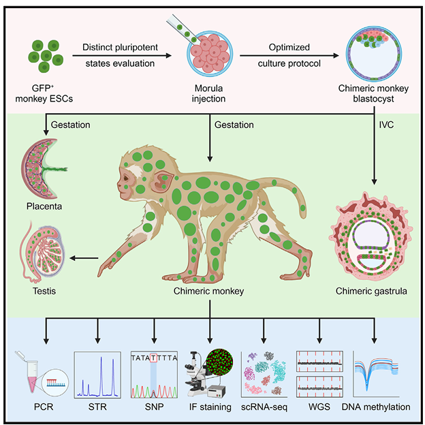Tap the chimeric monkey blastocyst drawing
pyautogui.click(x=373, y=57)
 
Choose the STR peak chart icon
pyautogui.click(x=96, y=373)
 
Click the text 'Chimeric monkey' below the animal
pyautogui.click(x=212, y=292)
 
